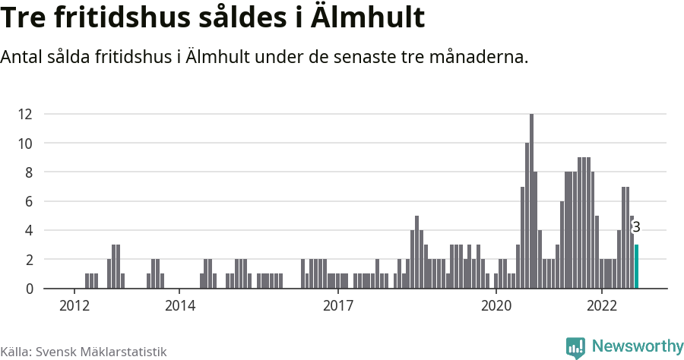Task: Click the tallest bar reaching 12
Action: pyautogui.click(x=531, y=201)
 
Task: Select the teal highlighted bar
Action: pyautogui.click(x=636, y=266)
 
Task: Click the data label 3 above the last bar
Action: pyautogui.click(x=636, y=227)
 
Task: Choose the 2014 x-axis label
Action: pyautogui.click(x=179, y=306)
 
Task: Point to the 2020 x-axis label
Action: pyautogui.click(x=496, y=306)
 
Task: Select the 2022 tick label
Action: pyautogui.click(x=601, y=306)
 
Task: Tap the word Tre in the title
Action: pyautogui.click(x=26, y=18)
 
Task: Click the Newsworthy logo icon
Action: pyautogui.click(x=575, y=347)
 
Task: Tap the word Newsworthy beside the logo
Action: pyautogui.click(x=637, y=346)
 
